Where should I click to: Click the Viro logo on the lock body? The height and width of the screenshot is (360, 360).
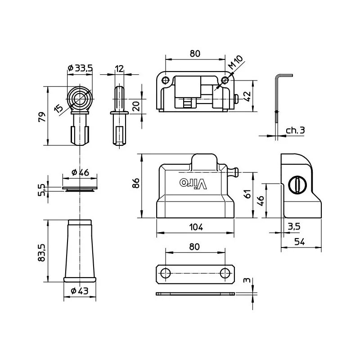(193, 183)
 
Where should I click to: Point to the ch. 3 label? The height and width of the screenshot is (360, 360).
(295, 130)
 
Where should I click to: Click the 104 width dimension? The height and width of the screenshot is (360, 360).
(196, 227)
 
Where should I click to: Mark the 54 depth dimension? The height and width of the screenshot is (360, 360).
(299, 242)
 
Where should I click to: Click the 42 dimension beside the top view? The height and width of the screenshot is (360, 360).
(246, 96)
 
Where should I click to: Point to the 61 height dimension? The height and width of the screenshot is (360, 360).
(247, 194)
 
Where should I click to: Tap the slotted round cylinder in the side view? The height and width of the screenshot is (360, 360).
(296, 185)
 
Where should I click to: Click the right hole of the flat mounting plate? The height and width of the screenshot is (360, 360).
(225, 273)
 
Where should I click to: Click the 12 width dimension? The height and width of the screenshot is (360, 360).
(119, 68)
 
